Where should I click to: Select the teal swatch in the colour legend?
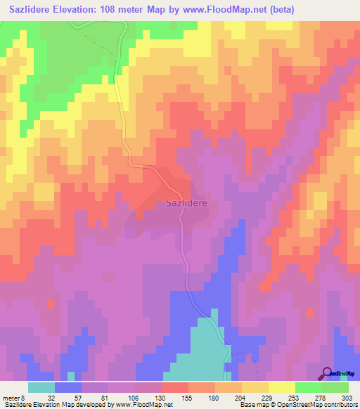(41, 387)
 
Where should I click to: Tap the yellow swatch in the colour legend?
(255, 387)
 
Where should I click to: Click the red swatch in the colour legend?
(175, 387)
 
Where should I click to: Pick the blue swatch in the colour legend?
(68, 387)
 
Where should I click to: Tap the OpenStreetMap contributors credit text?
(319, 405)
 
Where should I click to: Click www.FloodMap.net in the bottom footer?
(141, 405)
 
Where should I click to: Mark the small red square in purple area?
(51, 304)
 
